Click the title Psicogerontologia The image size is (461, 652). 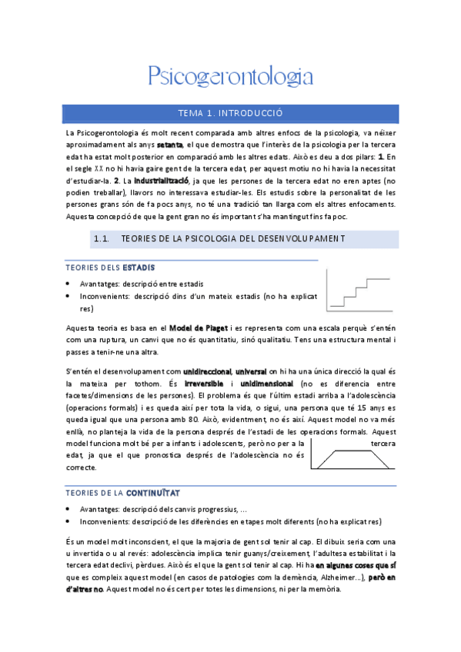230,76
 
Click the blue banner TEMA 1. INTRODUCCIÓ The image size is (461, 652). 230,113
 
